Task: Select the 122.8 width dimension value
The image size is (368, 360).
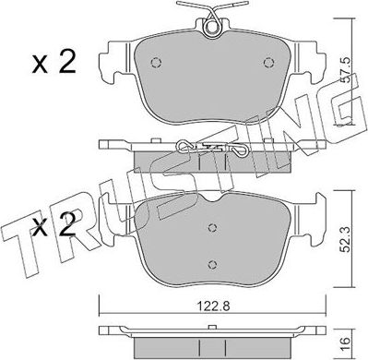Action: pyautogui.click(x=213, y=306)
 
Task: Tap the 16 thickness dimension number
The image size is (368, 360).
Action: pyautogui.click(x=345, y=341)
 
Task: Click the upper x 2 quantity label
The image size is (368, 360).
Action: pyautogui.click(x=54, y=62)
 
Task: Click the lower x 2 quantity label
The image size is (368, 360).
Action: pyautogui.click(x=54, y=226)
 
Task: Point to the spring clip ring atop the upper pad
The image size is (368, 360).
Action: pyautogui.click(x=212, y=27)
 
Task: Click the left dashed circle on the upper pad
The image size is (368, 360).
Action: pyautogui.click(x=156, y=63)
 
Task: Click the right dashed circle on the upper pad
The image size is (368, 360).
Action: pyautogui.click(x=268, y=63)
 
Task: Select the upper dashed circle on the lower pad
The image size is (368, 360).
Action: pyautogui.click(x=212, y=228)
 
